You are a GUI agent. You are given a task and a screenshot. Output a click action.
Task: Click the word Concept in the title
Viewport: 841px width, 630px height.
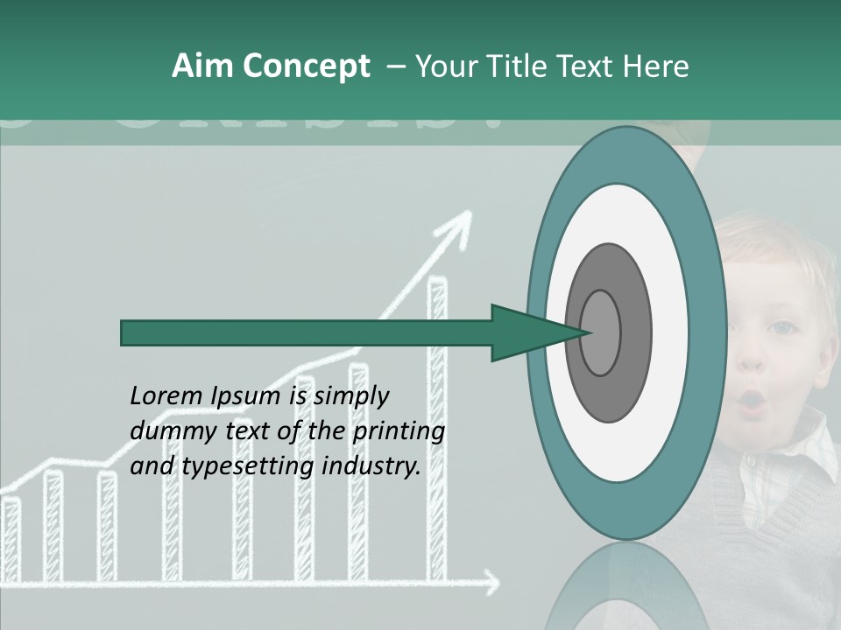click(x=306, y=66)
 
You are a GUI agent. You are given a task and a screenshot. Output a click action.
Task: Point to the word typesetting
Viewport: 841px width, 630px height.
click(x=248, y=465)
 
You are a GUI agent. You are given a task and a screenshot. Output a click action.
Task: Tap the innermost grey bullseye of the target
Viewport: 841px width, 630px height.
click(x=601, y=332)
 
